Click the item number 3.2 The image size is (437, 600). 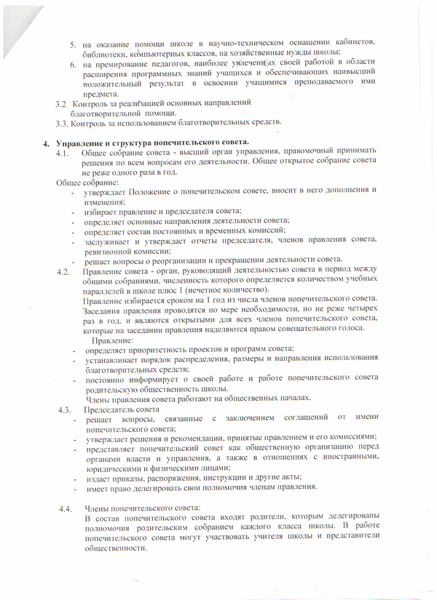tap(61, 104)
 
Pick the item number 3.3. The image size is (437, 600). tap(62, 122)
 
